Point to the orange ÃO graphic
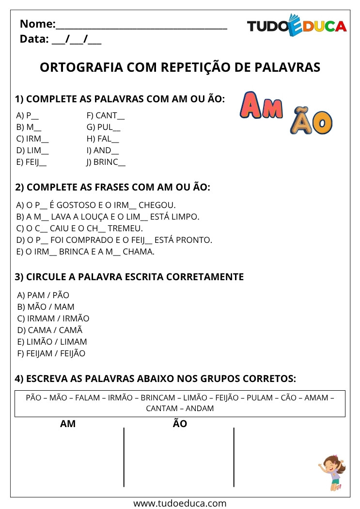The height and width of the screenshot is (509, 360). pyautogui.click(x=311, y=123)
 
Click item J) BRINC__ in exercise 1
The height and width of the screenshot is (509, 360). pyautogui.click(x=106, y=163)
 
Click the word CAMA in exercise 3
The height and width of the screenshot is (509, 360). pyautogui.click(x=36, y=330)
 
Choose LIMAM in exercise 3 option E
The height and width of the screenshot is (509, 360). pyautogui.click(x=72, y=342)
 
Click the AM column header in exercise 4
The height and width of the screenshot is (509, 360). pyautogui.click(x=68, y=424)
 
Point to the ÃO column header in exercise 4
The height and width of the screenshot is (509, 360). pyautogui.click(x=180, y=424)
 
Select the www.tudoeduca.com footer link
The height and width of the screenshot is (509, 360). pyautogui.click(x=180, y=503)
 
